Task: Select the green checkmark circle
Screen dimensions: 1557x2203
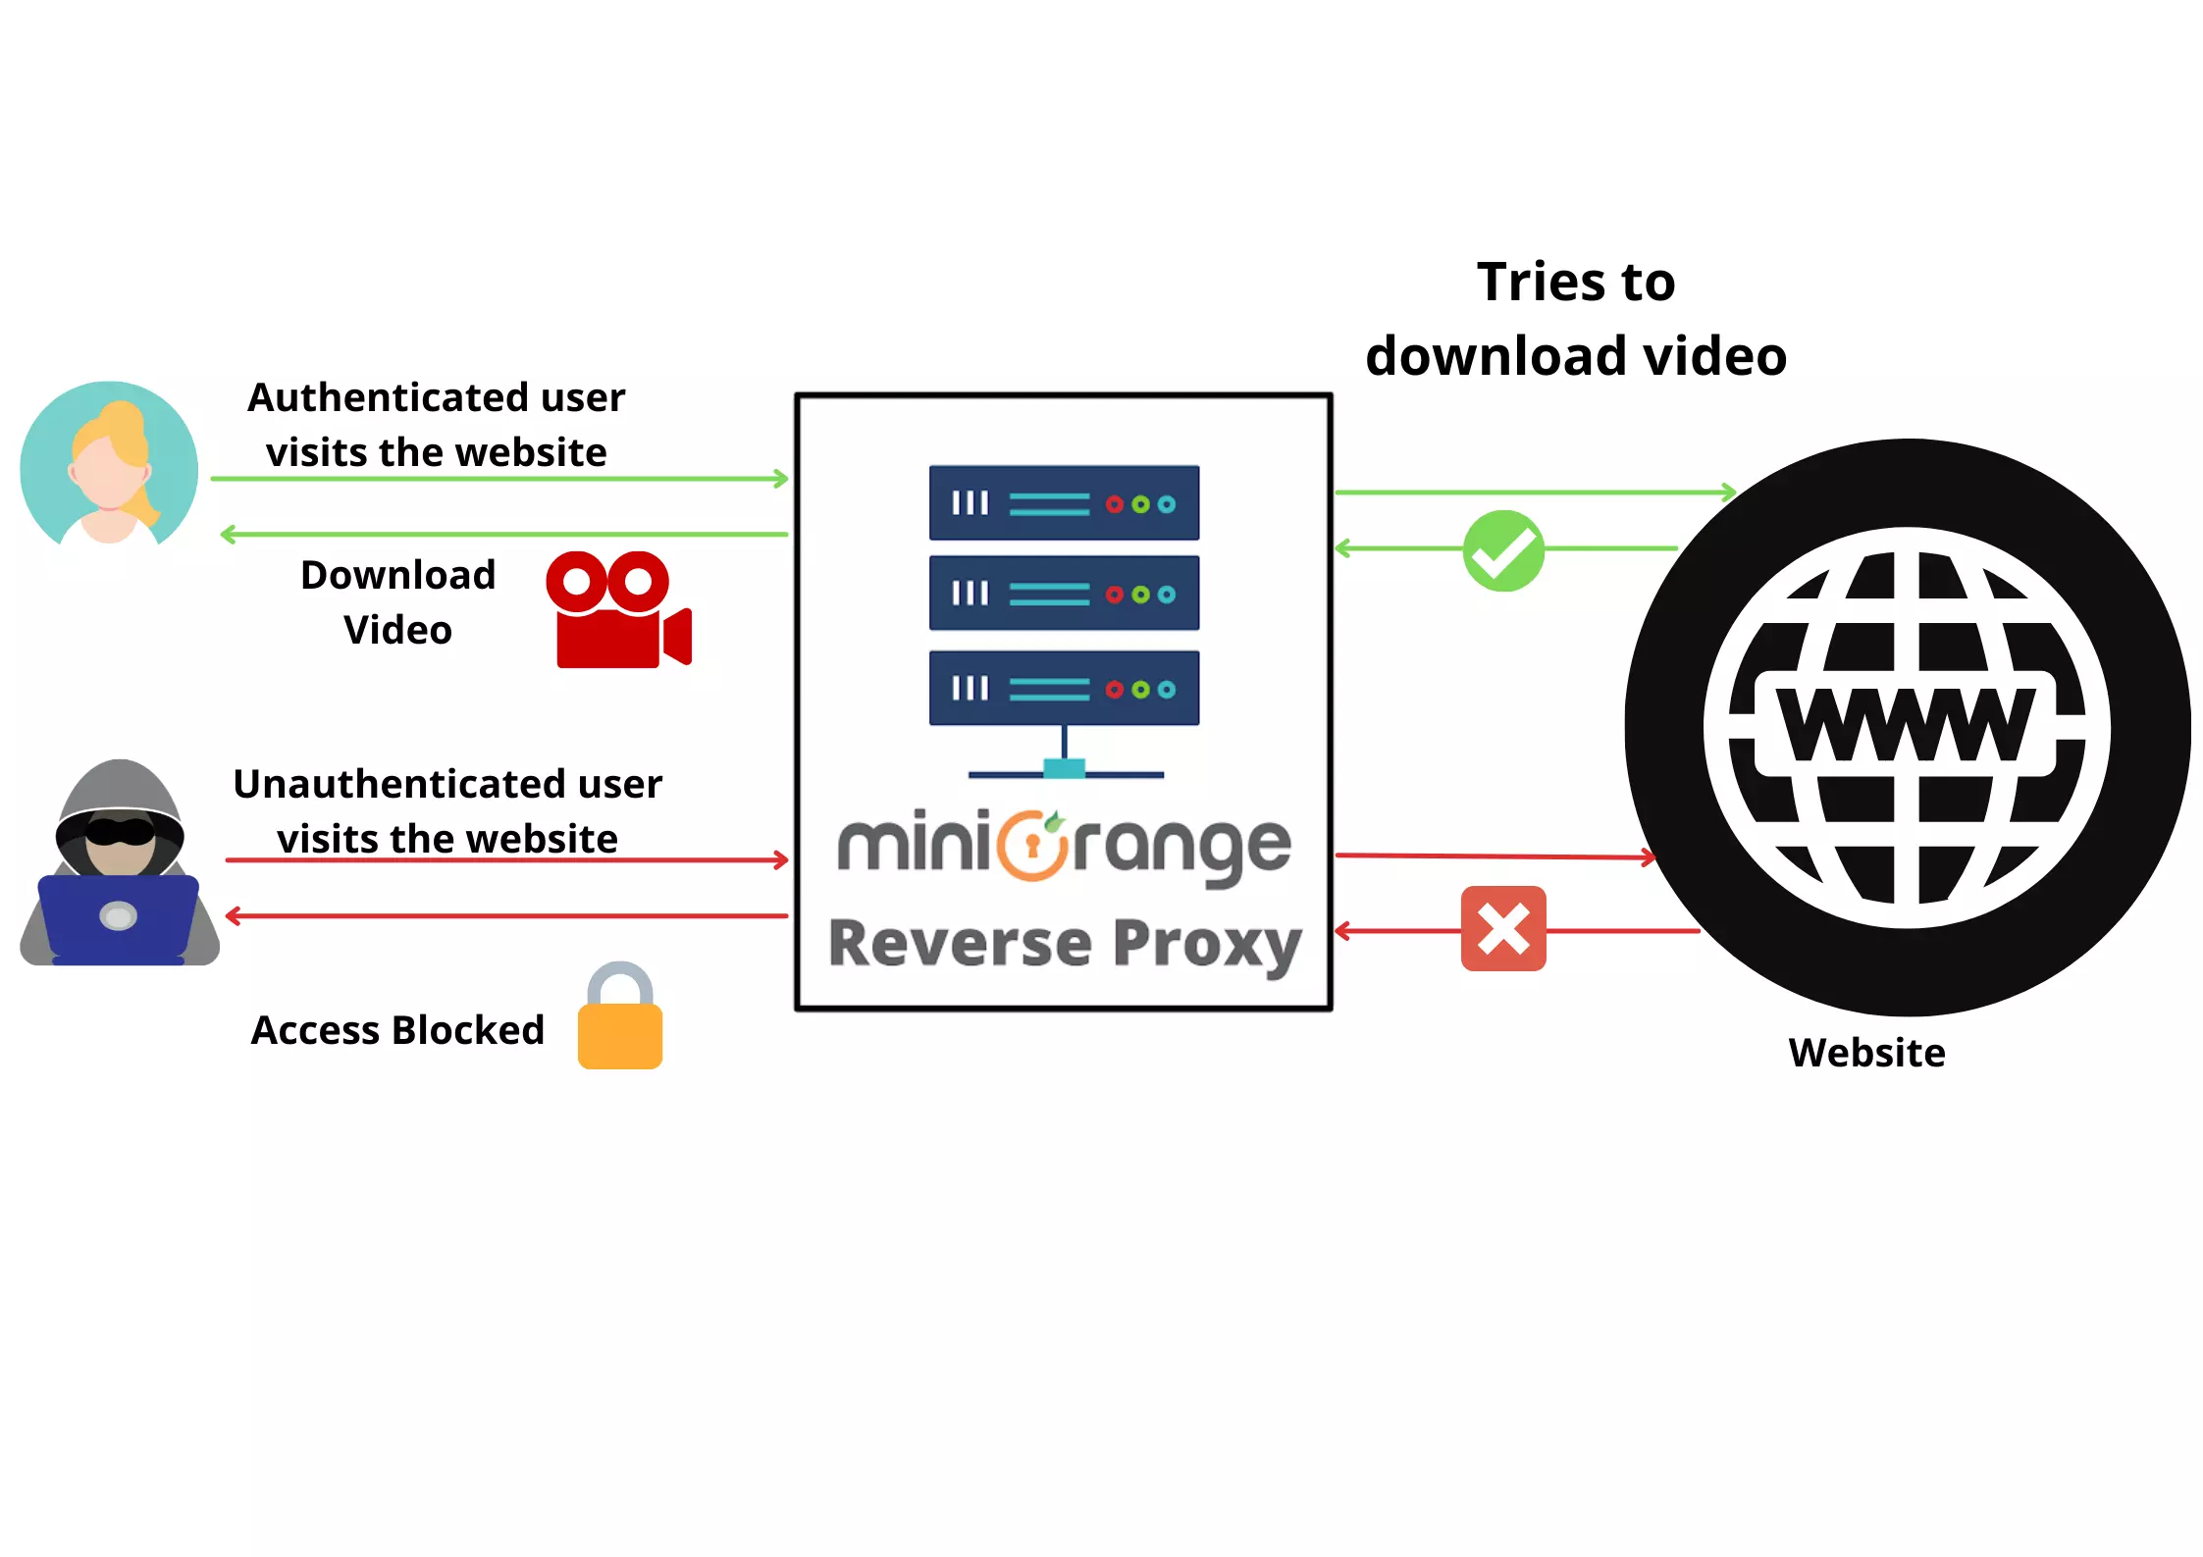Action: click(x=1502, y=550)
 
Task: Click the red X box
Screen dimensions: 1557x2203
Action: click(x=1502, y=929)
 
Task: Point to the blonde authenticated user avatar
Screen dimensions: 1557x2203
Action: click(x=109, y=463)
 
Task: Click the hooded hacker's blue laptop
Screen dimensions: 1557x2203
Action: click(x=118, y=917)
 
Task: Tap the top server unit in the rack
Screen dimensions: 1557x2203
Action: click(x=1064, y=503)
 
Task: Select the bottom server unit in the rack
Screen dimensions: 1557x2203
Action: click(x=1064, y=689)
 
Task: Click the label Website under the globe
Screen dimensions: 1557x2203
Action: click(x=1865, y=1053)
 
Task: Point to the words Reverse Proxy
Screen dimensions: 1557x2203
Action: click(x=1065, y=944)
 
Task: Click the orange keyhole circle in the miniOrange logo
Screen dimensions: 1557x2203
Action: click(x=1031, y=846)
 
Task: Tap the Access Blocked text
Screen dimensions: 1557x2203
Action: click(x=397, y=1030)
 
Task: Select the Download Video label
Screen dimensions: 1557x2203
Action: click(x=397, y=601)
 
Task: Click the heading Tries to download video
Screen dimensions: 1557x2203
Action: click(x=1576, y=319)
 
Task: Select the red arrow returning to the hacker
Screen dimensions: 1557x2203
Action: click(x=505, y=916)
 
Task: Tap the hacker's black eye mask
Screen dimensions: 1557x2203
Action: click(x=120, y=832)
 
